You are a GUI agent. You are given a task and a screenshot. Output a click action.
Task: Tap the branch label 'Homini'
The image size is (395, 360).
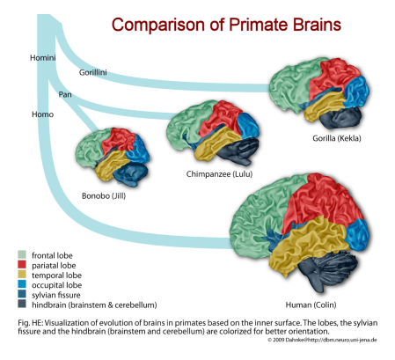42,59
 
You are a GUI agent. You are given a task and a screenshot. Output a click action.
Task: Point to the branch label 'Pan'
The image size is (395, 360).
65,92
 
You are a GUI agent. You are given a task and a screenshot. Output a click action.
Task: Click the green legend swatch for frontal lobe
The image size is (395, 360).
22,255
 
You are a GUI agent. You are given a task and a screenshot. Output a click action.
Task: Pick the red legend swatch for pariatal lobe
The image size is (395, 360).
22,265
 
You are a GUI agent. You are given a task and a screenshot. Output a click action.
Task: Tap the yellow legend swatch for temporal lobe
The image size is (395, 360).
22,276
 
